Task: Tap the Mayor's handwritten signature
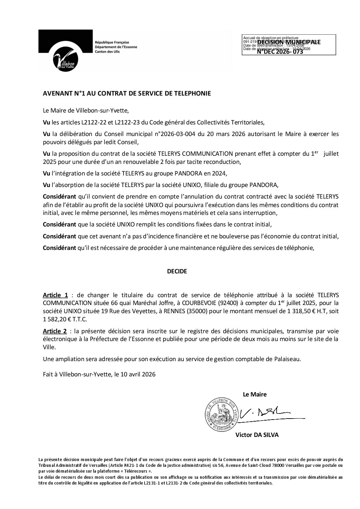(x=265, y=412)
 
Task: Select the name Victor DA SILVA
(x=257, y=435)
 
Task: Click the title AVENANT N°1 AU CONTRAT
(x=127, y=94)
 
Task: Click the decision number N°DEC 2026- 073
(x=280, y=52)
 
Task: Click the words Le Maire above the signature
(x=255, y=394)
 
